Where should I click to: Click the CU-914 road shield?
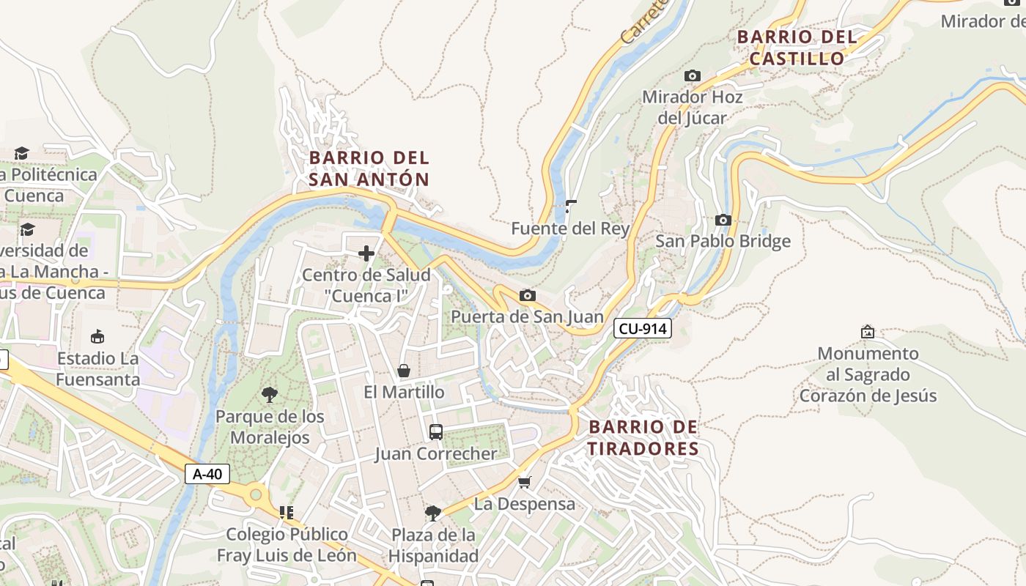point(643,329)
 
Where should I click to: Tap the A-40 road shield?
point(207,474)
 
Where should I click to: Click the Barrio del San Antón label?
point(369,168)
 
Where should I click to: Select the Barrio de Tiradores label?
point(643,437)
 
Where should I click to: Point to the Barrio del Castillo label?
point(797,48)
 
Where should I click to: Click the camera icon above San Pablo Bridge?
point(723,220)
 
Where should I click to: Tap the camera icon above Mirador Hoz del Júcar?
point(692,75)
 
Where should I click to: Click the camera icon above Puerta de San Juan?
point(527,296)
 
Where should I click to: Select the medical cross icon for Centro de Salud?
point(366,253)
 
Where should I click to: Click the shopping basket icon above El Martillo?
point(403,371)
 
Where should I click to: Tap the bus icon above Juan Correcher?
point(435,432)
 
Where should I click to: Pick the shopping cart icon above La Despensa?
point(524,482)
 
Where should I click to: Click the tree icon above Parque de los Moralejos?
point(269,395)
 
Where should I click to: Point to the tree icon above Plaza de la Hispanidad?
point(432,513)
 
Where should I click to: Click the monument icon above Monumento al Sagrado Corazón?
point(868,332)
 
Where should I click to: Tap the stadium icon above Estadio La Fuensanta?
point(97,336)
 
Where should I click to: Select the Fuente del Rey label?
point(570,229)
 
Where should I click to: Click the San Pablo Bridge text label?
point(723,241)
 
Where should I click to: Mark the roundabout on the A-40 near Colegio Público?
point(255,495)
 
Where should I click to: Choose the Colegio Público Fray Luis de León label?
point(287,544)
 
